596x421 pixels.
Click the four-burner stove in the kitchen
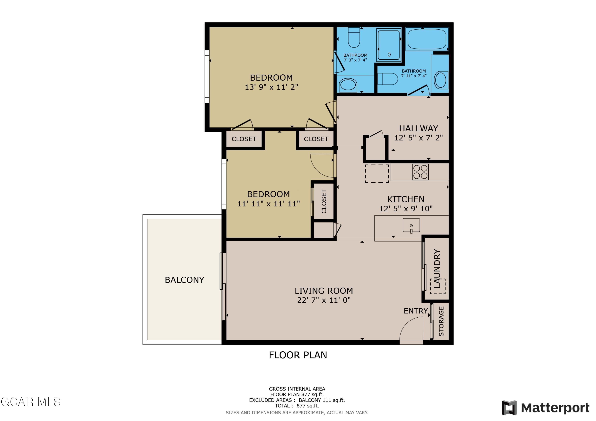click(420, 172)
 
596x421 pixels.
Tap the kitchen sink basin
click(411, 225)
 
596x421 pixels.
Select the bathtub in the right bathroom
click(427, 39)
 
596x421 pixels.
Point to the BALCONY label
click(184, 280)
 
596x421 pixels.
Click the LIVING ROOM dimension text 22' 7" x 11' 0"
click(324, 300)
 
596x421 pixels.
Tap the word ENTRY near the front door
click(415, 311)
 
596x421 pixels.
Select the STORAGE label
click(441, 321)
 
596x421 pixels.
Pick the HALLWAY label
click(418, 128)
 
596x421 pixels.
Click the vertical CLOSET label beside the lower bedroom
click(324, 201)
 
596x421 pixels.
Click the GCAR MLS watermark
click(31, 402)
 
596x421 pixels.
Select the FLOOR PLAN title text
click(298, 355)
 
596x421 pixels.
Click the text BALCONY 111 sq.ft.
click(322, 400)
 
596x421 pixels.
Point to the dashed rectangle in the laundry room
click(438, 287)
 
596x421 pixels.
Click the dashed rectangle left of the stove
click(377, 173)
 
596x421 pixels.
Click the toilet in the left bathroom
click(354, 38)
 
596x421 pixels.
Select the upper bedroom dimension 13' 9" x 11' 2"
click(271, 87)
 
